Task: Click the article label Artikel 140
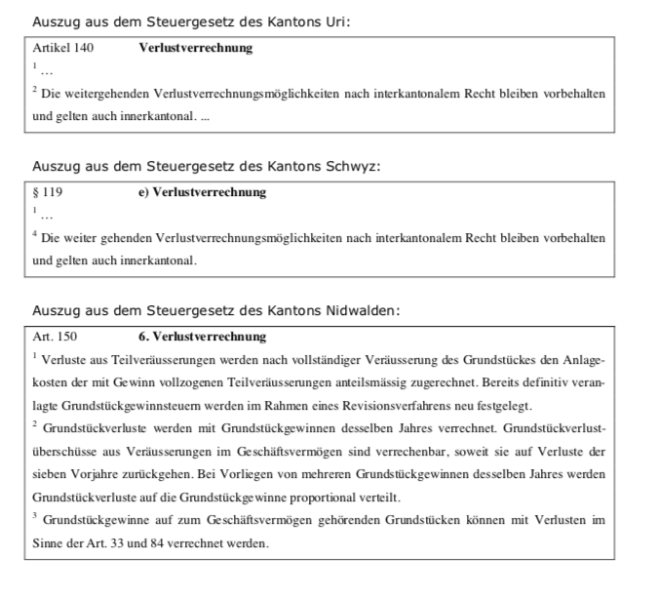coord(63,48)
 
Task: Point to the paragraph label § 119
coord(48,192)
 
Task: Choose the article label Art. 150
coord(55,337)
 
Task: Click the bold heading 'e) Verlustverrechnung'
coord(202,192)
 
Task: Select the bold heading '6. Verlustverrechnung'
coord(202,337)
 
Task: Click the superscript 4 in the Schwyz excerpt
coord(35,234)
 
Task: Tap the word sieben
coord(51,474)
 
